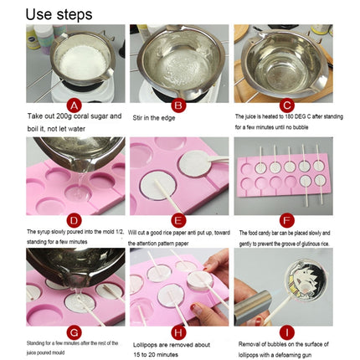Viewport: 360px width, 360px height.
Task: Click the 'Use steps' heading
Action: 59,14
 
